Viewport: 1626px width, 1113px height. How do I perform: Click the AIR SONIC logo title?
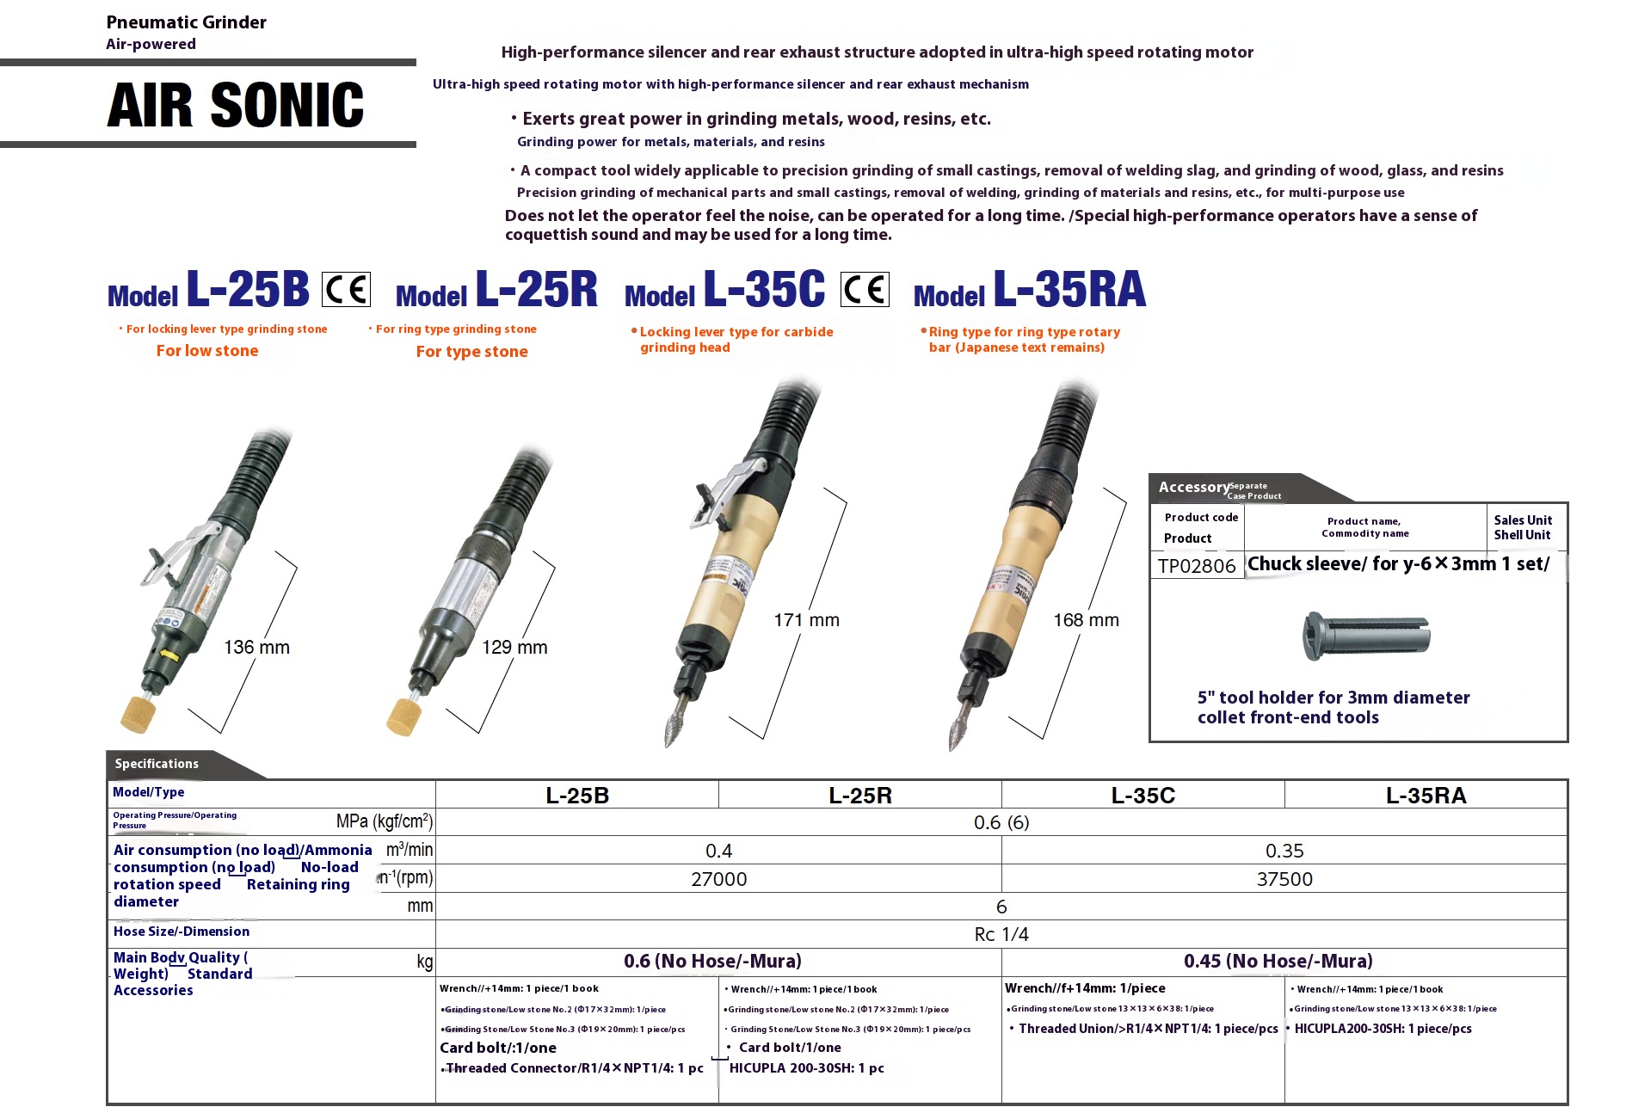(236, 105)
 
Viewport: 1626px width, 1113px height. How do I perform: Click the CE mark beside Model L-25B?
(346, 289)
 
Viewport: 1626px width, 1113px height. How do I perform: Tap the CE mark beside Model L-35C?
(865, 289)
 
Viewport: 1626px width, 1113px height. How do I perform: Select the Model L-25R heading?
(496, 290)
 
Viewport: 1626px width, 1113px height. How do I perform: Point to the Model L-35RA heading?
(1030, 290)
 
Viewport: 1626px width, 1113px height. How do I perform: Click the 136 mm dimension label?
(256, 648)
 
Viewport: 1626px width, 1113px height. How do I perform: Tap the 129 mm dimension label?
(514, 648)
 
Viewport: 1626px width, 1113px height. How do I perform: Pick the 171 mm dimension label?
(806, 620)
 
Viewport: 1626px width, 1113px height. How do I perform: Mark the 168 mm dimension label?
(1086, 620)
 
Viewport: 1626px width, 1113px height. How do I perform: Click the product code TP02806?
(1197, 566)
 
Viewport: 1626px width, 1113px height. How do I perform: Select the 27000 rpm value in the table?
(718, 879)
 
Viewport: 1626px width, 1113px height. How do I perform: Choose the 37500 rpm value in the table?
(1284, 879)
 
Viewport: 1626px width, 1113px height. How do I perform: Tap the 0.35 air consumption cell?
(1284, 851)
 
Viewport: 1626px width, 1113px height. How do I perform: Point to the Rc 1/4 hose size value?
(1001, 934)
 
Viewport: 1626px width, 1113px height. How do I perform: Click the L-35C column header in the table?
(1143, 796)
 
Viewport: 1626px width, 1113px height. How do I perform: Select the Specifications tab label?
(157, 764)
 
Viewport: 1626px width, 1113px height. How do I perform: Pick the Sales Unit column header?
(1523, 527)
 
